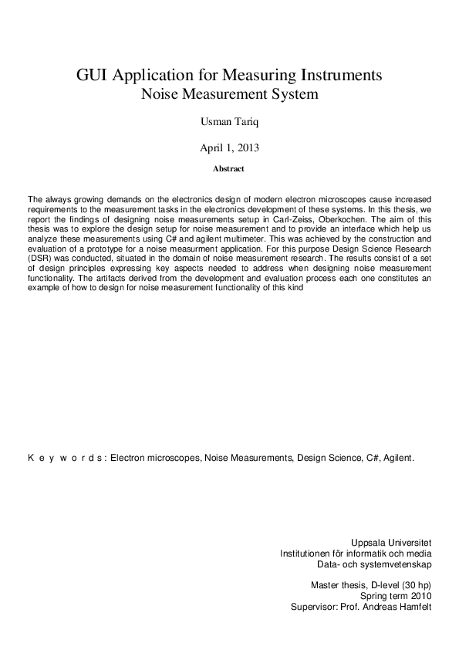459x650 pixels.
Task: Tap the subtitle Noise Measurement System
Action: [x=228, y=95]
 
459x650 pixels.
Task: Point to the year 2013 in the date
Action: [x=245, y=146]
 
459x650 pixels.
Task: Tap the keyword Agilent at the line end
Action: [x=400, y=458]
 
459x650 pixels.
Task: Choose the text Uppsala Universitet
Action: [x=391, y=542]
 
